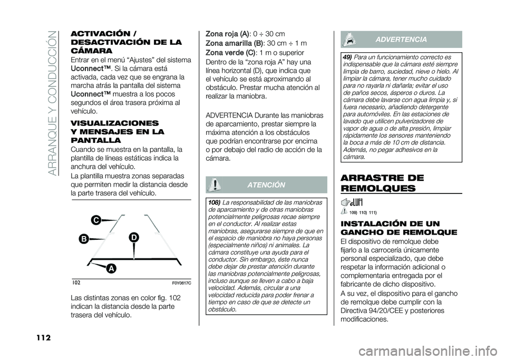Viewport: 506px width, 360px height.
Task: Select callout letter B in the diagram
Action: click(x=83, y=240)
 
